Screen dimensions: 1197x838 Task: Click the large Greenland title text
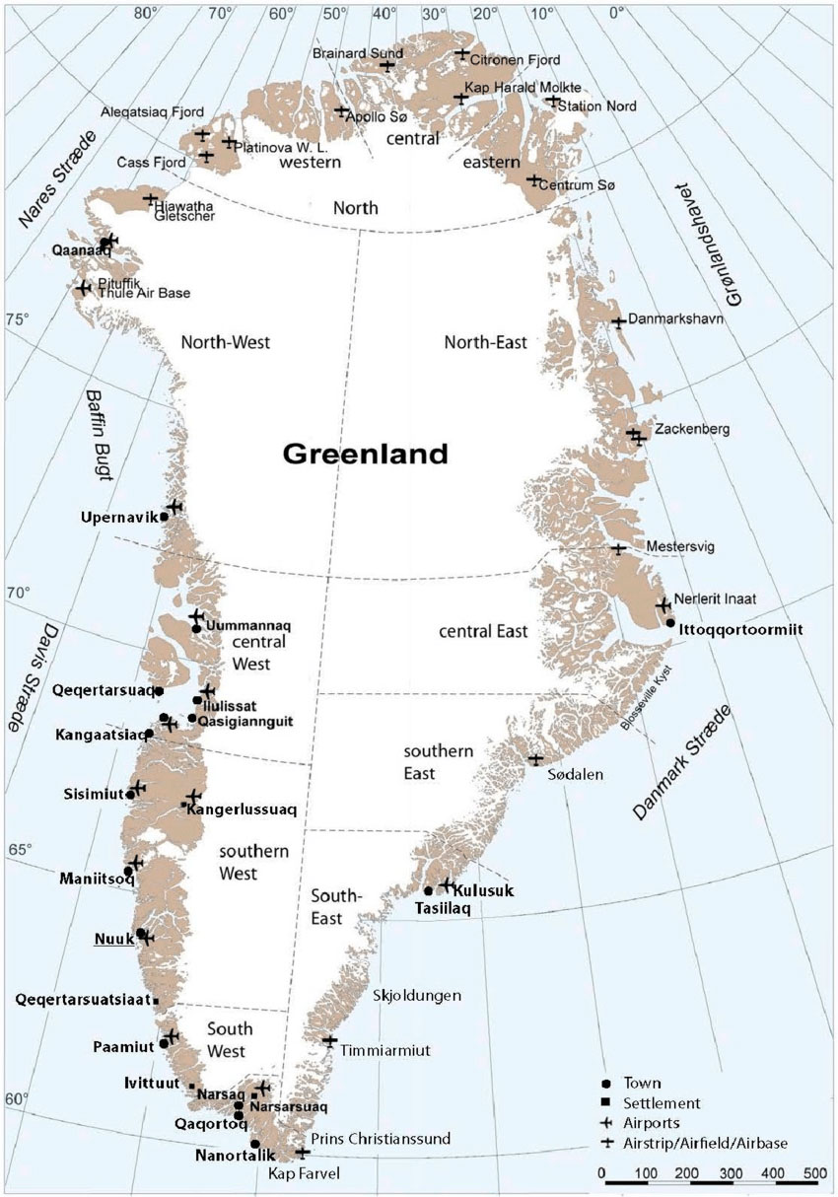tap(365, 455)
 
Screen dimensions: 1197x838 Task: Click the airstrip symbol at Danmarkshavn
tap(618, 321)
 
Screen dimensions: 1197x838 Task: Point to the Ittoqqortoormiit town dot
tap(670, 622)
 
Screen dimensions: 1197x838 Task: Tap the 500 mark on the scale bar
tap(813, 1173)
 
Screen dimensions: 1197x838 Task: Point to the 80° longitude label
tap(148, 13)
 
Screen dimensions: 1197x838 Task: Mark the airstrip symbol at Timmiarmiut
tap(330, 1041)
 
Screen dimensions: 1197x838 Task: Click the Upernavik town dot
tap(164, 517)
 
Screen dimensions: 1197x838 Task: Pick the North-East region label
tap(485, 342)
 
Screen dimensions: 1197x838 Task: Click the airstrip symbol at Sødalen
tap(535, 759)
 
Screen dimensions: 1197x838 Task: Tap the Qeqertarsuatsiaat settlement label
tap(82, 999)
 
